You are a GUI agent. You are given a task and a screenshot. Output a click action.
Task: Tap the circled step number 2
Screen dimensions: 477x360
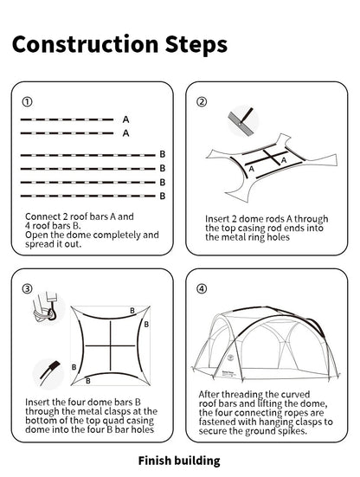point(202,101)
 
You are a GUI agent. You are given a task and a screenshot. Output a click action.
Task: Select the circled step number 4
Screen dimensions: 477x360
point(202,288)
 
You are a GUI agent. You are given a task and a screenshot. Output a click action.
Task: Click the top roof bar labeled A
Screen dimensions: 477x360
point(69,119)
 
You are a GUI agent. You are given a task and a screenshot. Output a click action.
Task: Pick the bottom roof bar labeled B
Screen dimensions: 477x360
point(87,197)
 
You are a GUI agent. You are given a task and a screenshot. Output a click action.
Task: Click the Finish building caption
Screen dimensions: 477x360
point(179,461)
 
